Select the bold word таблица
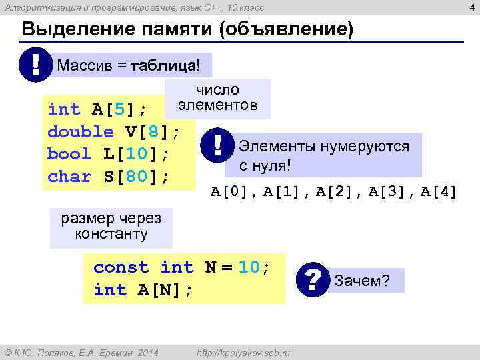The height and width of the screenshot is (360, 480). (163, 66)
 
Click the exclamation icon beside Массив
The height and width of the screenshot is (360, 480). (33, 65)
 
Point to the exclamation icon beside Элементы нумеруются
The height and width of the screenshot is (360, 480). (218, 146)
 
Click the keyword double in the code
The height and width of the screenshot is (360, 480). (81, 131)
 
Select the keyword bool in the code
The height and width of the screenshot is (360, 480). (69, 154)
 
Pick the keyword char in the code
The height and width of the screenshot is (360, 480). (69, 177)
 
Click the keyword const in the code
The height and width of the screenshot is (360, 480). (121, 267)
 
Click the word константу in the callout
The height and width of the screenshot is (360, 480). (111, 234)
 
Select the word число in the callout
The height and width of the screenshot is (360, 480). (217, 90)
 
